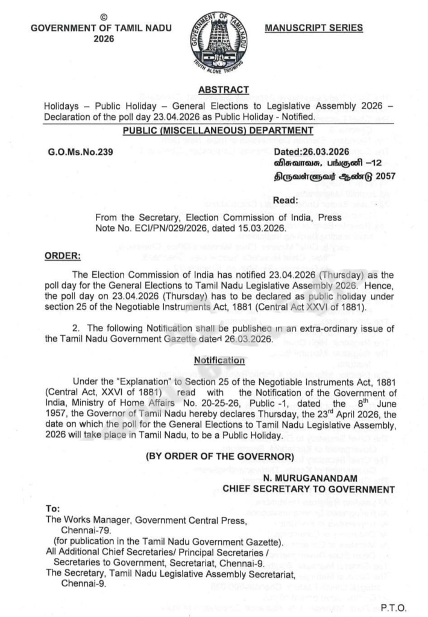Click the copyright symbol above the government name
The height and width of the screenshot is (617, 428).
pos(101,17)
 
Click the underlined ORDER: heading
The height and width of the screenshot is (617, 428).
pos(63,256)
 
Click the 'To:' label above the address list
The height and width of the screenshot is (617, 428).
pos(53,510)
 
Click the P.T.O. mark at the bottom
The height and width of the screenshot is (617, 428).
pos(394,606)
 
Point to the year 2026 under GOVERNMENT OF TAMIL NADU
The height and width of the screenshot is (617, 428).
pos(101,39)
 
